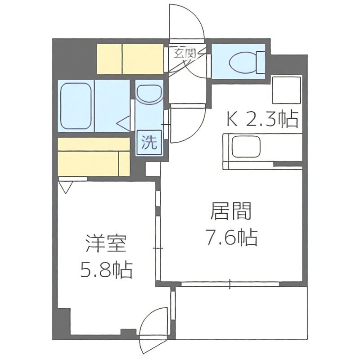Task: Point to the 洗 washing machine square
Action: [x=149, y=143]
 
